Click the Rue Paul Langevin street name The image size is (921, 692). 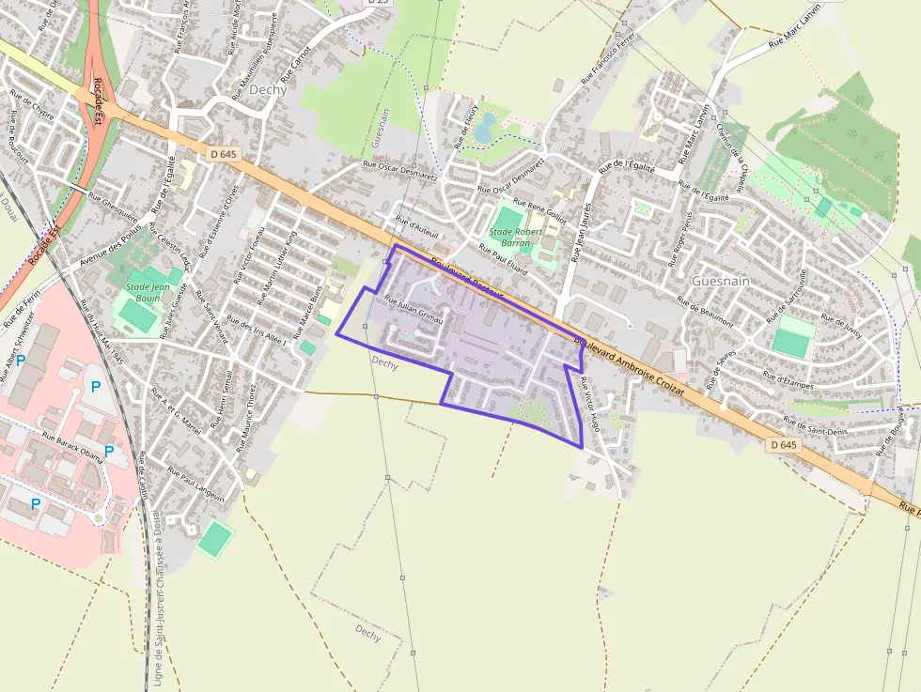tap(197, 482)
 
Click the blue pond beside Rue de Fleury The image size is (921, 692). tap(485, 128)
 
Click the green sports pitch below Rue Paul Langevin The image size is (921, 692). tap(215, 538)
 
